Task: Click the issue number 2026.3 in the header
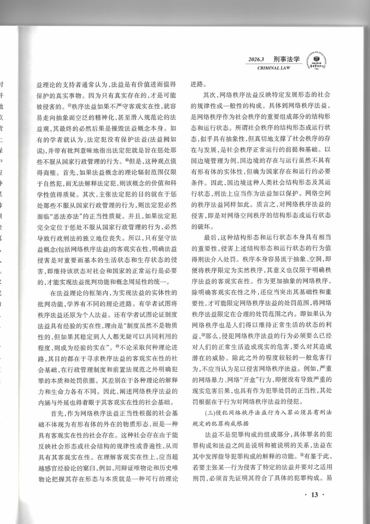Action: [x=256, y=60]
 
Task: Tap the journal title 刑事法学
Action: [x=287, y=59]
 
